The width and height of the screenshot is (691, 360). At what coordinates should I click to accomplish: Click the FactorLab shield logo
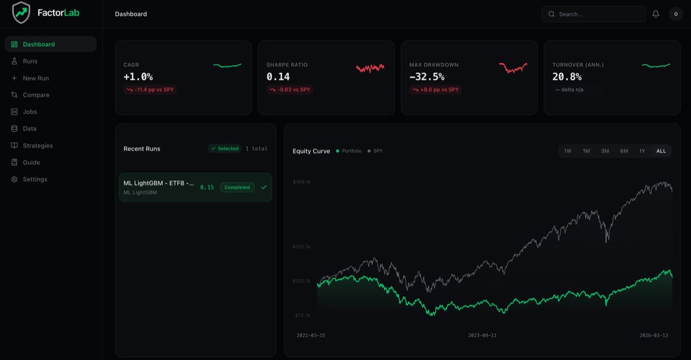point(21,13)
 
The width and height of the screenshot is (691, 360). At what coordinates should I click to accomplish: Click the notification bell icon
point(656,14)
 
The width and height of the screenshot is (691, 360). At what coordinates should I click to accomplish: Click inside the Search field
point(593,14)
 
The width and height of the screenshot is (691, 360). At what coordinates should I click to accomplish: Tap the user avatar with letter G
point(676,14)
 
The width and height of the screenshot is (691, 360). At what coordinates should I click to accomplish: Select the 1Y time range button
point(642,151)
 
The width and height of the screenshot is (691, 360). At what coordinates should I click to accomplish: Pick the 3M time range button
point(605,151)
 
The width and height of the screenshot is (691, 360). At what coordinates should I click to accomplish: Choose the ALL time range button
point(661,151)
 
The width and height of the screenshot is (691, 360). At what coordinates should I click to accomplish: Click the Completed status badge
point(237,188)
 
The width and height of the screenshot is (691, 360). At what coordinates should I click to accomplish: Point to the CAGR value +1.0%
point(138,77)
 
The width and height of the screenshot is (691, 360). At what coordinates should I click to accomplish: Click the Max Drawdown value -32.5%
point(426,77)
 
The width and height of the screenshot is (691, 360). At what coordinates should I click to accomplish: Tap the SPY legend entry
point(375,151)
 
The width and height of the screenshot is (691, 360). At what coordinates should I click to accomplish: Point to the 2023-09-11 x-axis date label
point(482,335)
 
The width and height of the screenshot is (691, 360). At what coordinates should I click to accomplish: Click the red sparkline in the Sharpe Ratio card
point(370,68)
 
